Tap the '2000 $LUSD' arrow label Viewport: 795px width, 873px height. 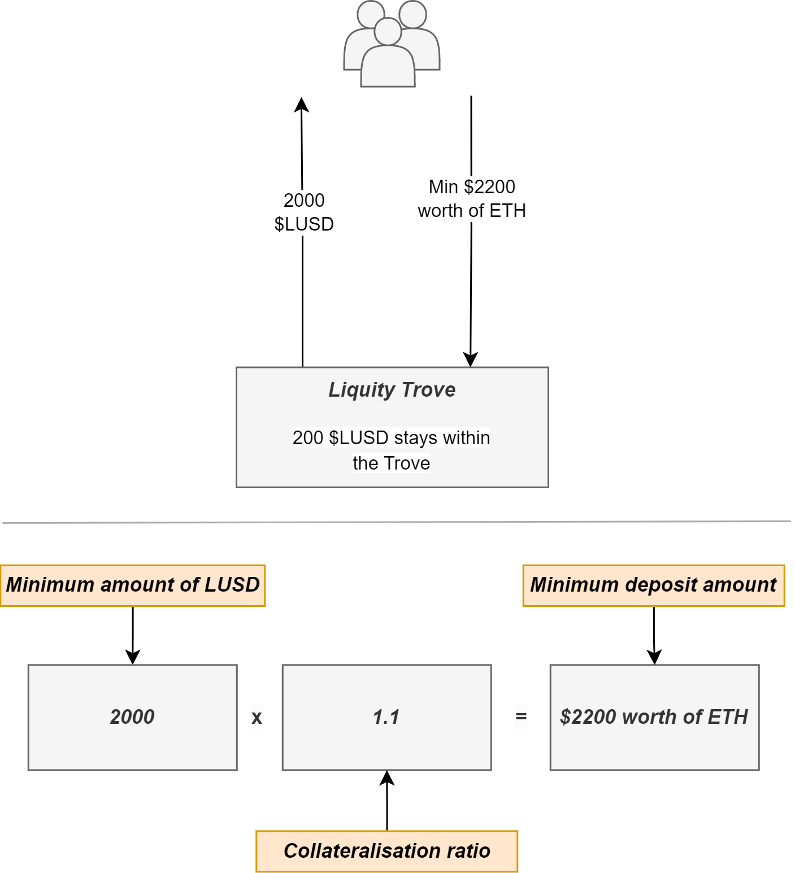tap(304, 212)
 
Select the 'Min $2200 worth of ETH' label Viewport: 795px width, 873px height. tap(472, 198)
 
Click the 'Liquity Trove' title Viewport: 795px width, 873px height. tap(392, 390)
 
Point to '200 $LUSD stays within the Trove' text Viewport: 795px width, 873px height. tap(392, 450)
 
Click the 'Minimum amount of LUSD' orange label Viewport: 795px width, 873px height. tap(133, 585)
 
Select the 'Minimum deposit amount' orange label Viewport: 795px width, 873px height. tap(653, 585)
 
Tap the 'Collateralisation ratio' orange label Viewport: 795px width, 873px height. tap(387, 851)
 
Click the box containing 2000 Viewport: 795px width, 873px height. tap(133, 717)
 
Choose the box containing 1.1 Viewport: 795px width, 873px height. tap(387, 717)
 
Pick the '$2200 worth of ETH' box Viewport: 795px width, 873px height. tap(654, 717)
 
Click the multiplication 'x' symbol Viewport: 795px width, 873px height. tap(257, 718)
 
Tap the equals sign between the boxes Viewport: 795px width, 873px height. tap(521, 717)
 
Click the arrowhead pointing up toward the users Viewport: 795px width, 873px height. tap(302, 105)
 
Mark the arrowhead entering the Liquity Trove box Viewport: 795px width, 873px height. tap(471, 359)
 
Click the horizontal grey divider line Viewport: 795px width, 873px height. tap(396, 522)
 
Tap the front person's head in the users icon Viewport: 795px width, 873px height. tap(388, 32)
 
